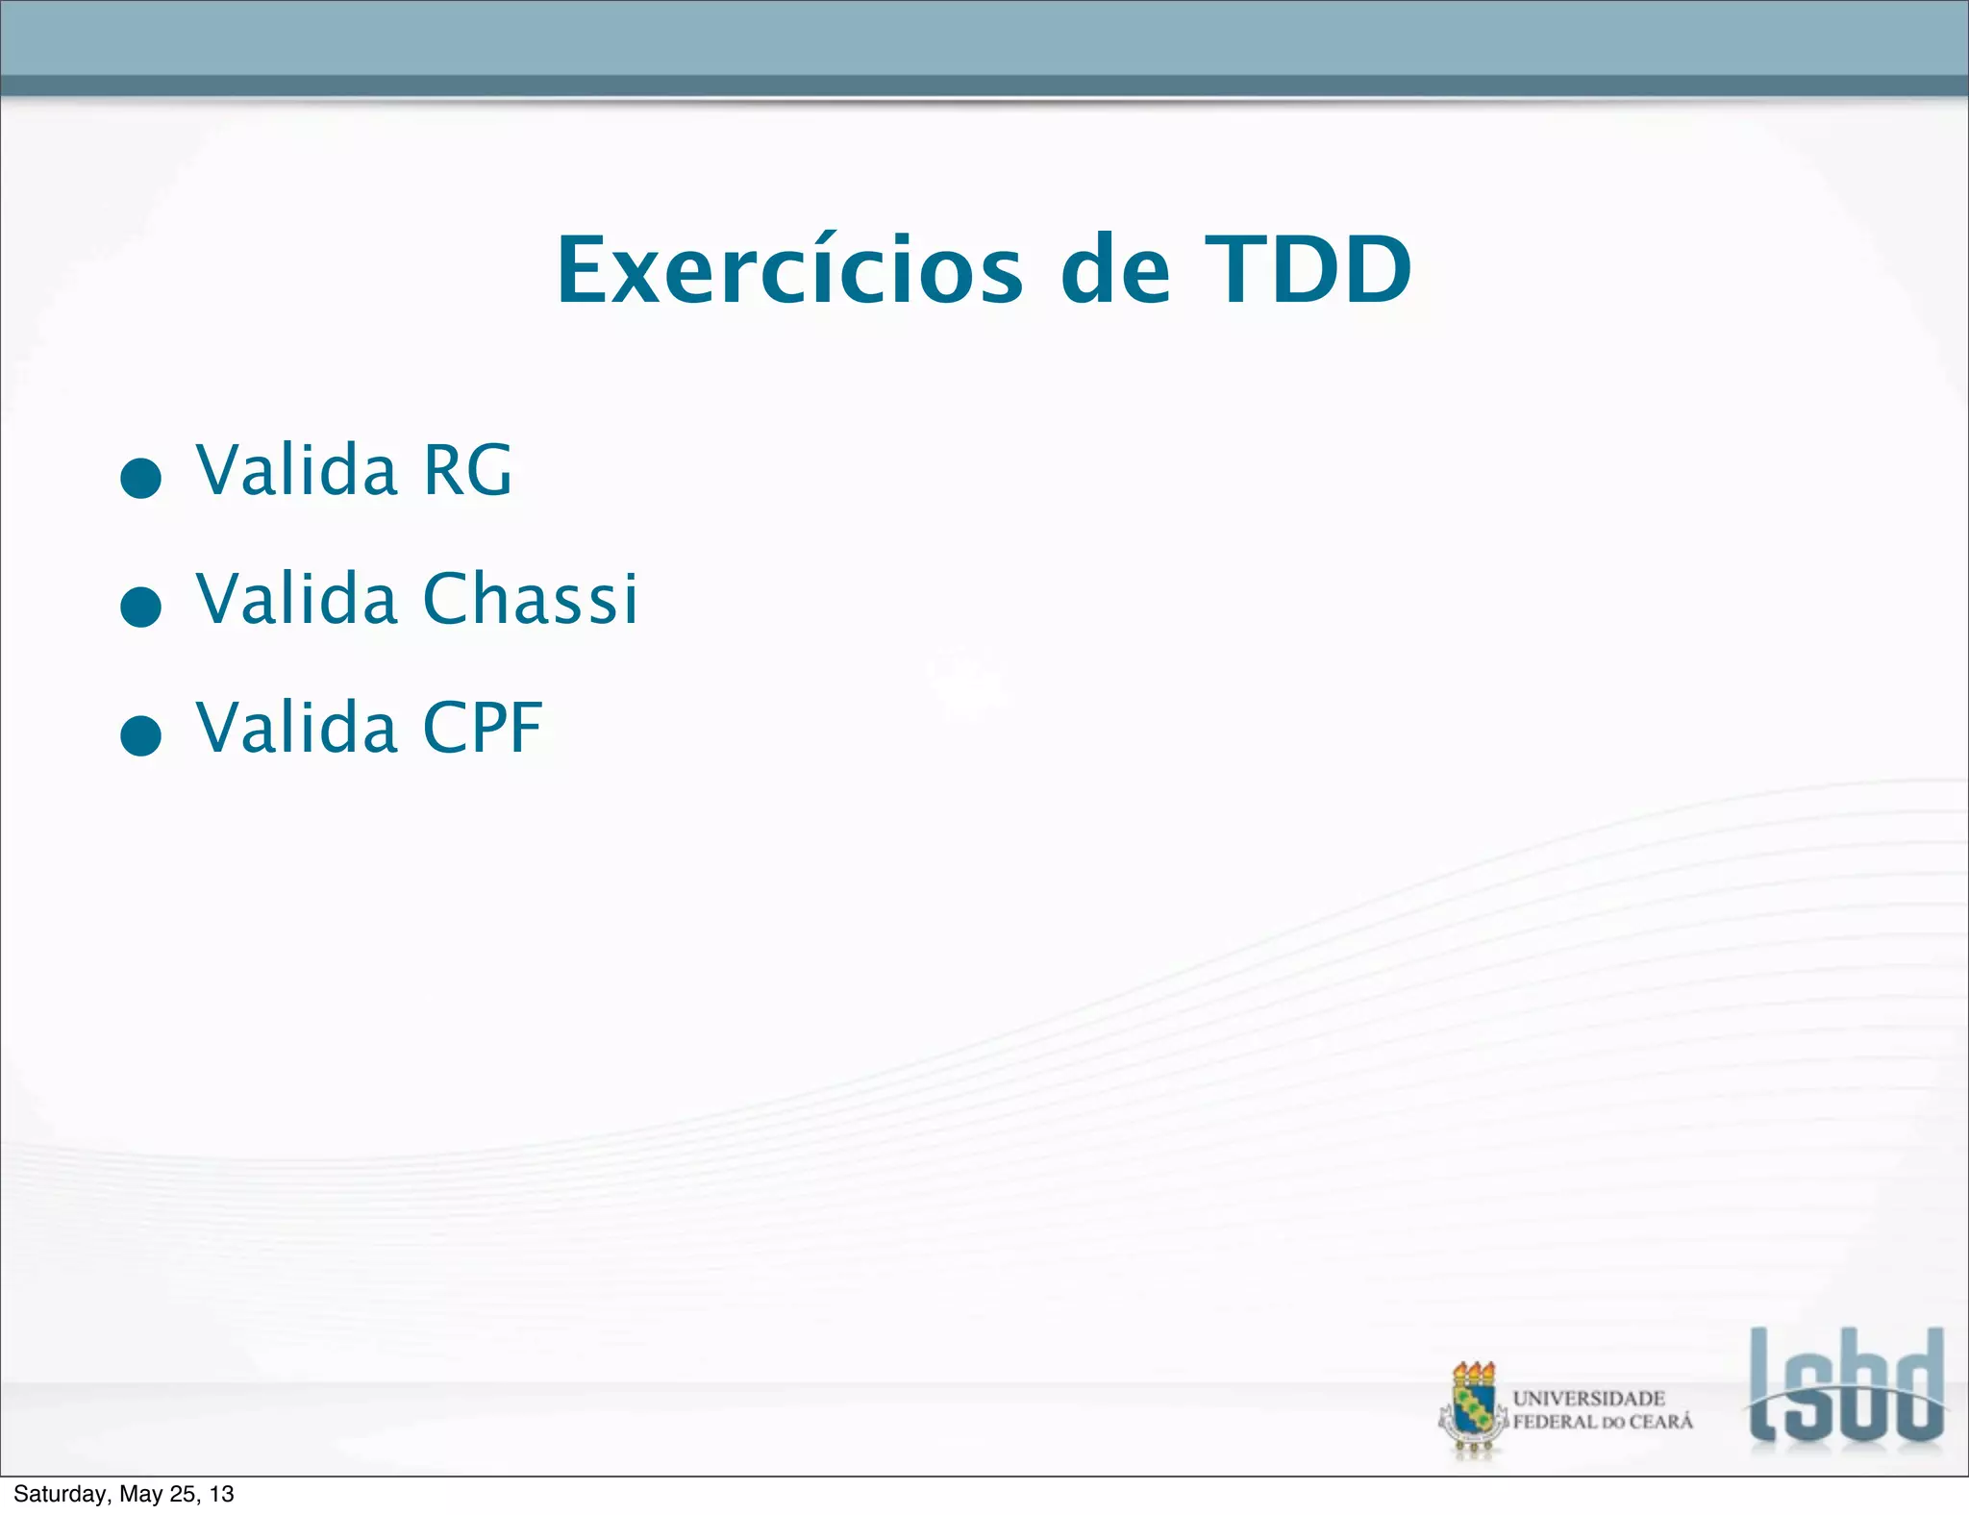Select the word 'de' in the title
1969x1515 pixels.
point(1115,271)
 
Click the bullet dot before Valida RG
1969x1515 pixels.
point(140,478)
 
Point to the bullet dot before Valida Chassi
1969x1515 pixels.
point(140,607)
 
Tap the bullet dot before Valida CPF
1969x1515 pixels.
point(140,735)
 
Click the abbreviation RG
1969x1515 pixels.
point(467,470)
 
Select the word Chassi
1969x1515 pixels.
point(530,598)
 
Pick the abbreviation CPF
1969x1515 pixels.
point(483,728)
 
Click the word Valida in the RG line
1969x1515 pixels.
point(297,470)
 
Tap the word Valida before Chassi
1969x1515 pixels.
point(297,598)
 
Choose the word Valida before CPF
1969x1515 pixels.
point(297,728)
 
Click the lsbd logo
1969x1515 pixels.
point(1846,1386)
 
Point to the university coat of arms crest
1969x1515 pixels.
point(1473,1409)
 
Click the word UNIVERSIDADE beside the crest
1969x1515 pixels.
point(1588,1399)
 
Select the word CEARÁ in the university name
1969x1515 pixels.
point(1660,1422)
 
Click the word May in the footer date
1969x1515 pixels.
point(140,1494)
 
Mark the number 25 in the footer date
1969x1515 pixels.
point(180,1494)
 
